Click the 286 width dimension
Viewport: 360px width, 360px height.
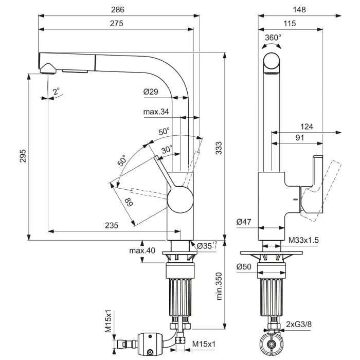tap(118, 10)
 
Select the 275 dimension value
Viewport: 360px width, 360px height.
tap(118, 24)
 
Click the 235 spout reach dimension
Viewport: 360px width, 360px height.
tap(112, 225)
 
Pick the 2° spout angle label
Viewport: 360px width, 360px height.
tap(56, 92)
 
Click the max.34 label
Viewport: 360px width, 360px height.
tap(156, 112)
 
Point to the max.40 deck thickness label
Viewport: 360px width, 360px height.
tap(142, 250)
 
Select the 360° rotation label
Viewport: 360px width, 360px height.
tap(273, 38)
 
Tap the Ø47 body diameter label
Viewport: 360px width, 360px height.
tap(244, 222)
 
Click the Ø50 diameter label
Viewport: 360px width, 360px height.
tap(244, 267)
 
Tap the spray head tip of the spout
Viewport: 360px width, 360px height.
tap(47, 68)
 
